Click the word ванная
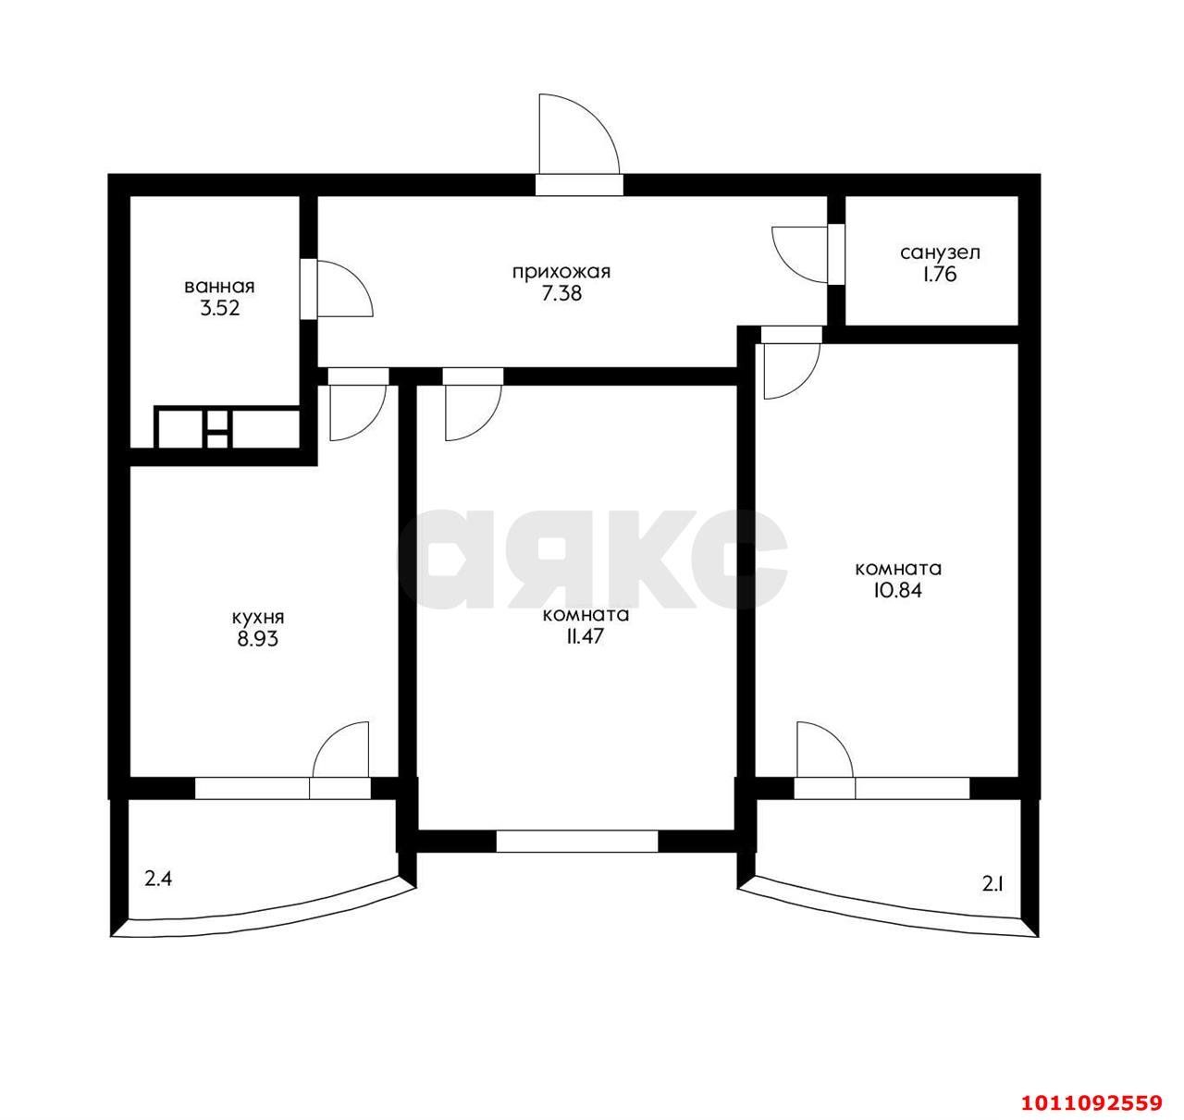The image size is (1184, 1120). tap(219, 286)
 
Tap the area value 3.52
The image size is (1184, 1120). tap(220, 308)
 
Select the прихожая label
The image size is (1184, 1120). tap(561, 272)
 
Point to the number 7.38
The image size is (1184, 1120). tap(561, 294)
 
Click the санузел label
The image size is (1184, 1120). tap(940, 252)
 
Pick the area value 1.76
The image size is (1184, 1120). tap(940, 275)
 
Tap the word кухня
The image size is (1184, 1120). tap(258, 618)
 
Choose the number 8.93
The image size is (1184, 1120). tap(258, 639)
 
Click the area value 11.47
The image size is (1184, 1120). tap(585, 636)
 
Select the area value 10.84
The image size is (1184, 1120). tap(898, 590)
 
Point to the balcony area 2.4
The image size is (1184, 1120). tap(158, 880)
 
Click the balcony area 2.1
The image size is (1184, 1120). tap(993, 884)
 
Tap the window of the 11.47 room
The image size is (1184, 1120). tap(577, 842)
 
